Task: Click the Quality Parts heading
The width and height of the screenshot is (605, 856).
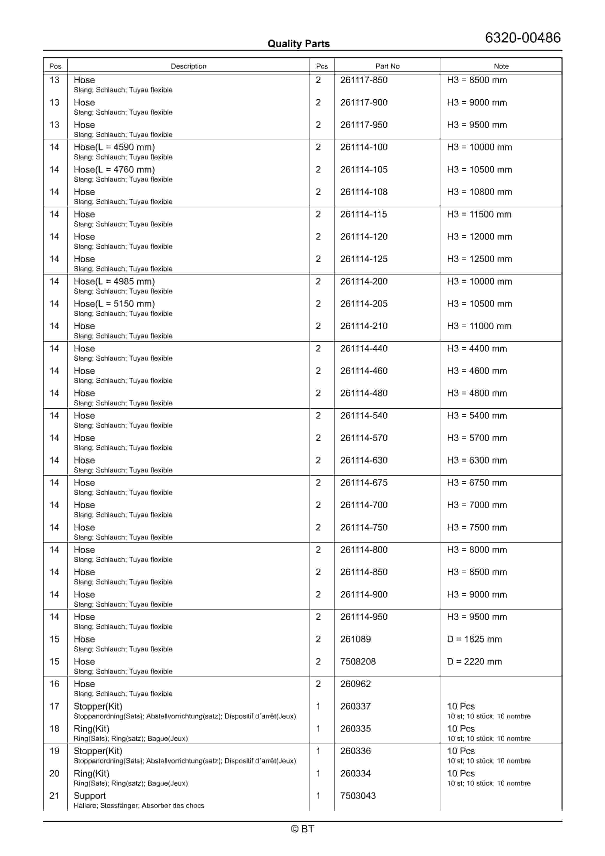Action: coord(298,44)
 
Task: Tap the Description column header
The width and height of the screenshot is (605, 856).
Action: coord(188,66)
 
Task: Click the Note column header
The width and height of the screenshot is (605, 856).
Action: coord(501,66)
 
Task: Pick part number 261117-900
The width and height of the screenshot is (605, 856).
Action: coord(364,102)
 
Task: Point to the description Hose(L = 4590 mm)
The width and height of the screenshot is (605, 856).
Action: coord(114,147)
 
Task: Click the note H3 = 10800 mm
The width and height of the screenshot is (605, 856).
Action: coord(479,192)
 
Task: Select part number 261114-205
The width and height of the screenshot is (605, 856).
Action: coord(364,304)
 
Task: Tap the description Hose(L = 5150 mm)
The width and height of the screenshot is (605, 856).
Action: coord(114,304)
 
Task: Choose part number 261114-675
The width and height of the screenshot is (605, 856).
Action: coord(364,483)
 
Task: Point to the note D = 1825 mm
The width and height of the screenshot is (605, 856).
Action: coord(474,639)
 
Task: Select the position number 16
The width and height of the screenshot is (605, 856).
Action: coord(54,684)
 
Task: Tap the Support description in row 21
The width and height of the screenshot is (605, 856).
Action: coord(89,796)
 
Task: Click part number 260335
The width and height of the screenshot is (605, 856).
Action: coord(355,729)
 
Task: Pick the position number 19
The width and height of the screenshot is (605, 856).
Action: coord(54,751)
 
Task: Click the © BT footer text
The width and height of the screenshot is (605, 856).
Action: coord(302,829)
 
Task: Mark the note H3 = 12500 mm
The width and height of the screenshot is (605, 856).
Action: coord(479,259)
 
